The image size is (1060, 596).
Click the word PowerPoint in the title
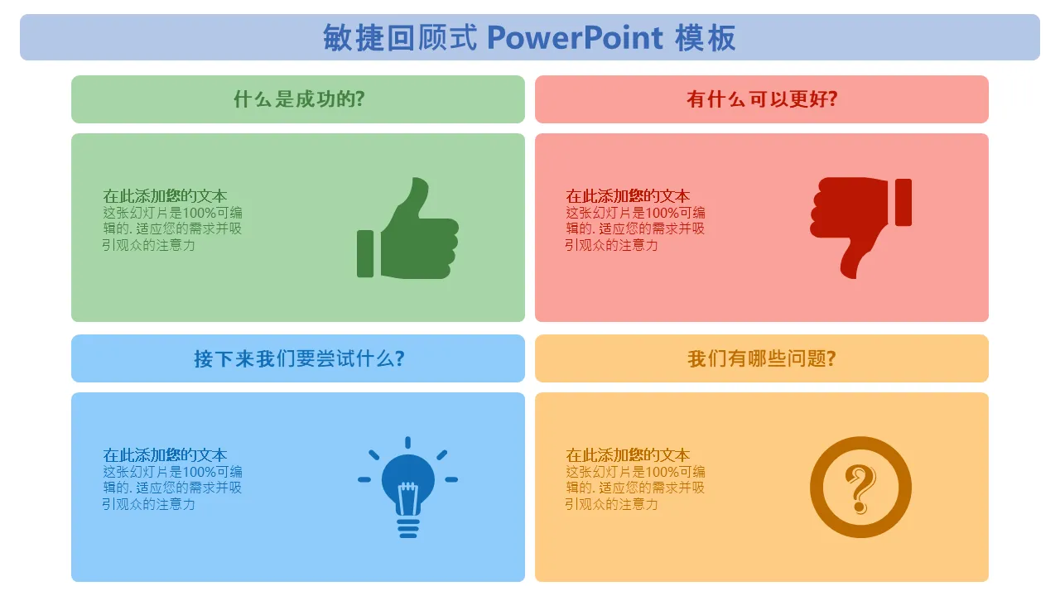click(x=575, y=38)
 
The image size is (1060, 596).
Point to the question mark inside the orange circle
click(x=860, y=489)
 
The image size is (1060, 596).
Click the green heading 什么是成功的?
click(x=299, y=99)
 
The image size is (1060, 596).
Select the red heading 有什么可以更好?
click(x=762, y=99)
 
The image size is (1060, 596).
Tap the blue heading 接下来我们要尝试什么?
click(x=299, y=358)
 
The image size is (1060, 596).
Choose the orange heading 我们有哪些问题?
click(x=762, y=358)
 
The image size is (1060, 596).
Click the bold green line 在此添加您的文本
click(x=165, y=196)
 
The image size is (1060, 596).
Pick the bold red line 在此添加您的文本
click(x=628, y=196)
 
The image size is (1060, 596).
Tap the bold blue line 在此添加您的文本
click(x=165, y=455)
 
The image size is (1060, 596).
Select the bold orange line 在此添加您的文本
click(x=628, y=455)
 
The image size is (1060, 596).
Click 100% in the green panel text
click(x=200, y=213)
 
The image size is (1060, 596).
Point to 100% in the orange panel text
click(x=662, y=472)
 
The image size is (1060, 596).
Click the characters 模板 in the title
click(x=705, y=38)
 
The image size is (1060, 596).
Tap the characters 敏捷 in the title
click(x=353, y=38)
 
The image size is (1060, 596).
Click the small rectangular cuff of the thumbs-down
click(x=903, y=203)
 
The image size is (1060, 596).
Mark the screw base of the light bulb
click(x=408, y=528)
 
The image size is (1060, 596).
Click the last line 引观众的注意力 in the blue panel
click(x=148, y=504)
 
